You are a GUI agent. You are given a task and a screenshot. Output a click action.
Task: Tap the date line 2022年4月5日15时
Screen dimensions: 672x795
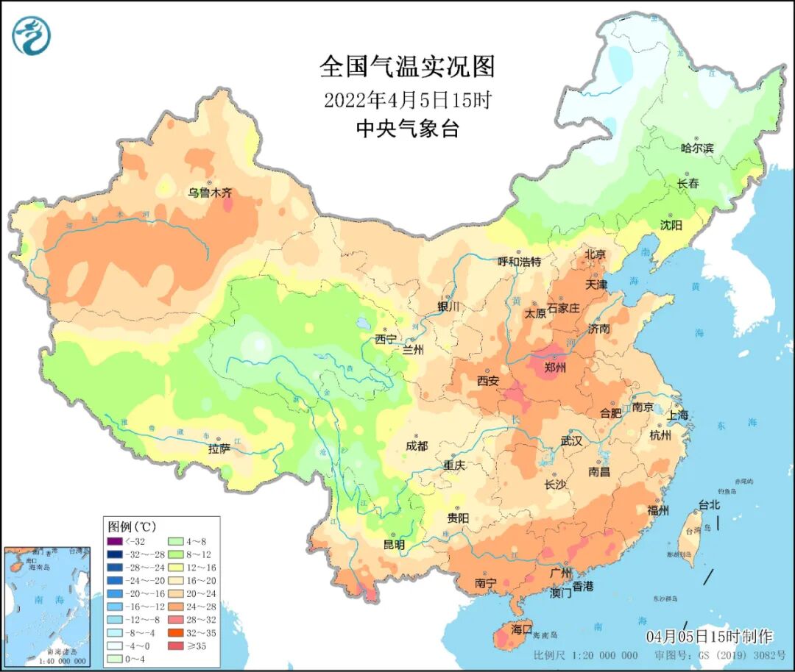coord(407,99)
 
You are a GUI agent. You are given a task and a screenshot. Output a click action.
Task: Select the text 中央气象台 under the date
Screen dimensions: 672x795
coord(407,129)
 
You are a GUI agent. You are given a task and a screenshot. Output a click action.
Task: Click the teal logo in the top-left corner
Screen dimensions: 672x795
coord(31,35)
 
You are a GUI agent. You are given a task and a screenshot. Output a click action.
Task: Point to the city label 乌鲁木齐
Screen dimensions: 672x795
coord(209,193)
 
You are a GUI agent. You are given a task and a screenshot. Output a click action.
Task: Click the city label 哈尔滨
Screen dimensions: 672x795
coord(696,148)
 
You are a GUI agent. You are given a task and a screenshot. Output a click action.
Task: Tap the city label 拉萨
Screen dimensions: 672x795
coord(219,448)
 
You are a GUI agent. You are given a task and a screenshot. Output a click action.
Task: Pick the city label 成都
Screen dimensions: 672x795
coord(416,446)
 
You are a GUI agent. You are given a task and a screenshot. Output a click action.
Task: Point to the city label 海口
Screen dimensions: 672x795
coord(521,629)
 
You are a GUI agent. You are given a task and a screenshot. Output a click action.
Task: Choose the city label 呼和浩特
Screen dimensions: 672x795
coord(519,262)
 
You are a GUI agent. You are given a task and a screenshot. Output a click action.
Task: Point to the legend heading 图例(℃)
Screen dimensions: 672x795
coord(132,526)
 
